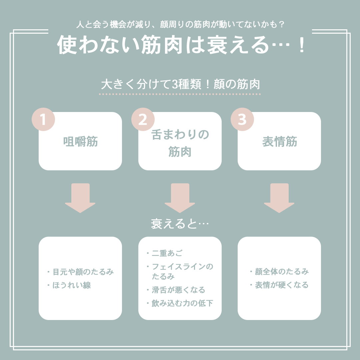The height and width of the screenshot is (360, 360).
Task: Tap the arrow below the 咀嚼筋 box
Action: (80, 198)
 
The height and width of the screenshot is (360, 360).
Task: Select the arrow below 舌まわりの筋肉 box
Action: (180, 198)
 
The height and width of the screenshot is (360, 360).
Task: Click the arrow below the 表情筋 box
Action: (279, 198)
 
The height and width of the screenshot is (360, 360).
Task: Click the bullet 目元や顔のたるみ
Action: (83, 272)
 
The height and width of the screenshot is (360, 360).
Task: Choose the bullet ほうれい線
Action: (71, 285)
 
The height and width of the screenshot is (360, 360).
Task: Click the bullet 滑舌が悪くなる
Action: (178, 290)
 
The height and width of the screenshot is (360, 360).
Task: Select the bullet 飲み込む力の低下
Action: (182, 303)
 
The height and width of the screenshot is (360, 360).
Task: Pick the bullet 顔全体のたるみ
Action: (281, 272)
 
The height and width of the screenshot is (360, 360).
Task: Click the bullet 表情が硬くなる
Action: (281, 285)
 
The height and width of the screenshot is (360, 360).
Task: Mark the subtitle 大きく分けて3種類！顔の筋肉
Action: (180, 84)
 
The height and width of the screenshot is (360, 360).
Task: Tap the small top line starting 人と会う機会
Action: (180, 25)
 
